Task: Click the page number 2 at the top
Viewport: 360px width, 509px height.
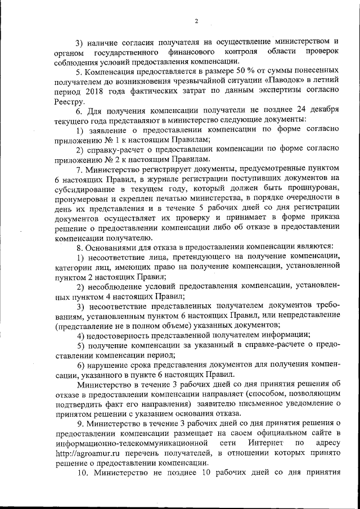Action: [x=197, y=21]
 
